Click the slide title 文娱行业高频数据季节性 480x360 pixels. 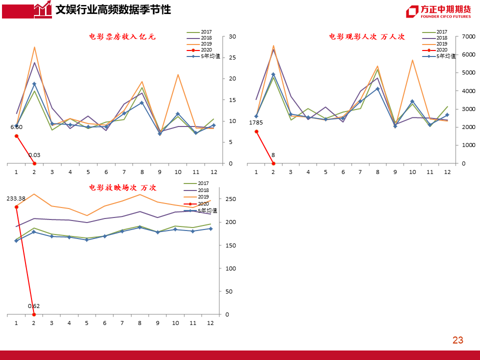(112, 9)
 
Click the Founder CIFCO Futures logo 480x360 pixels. (438, 11)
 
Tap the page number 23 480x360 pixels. (457, 340)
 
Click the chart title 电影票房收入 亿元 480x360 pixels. (122, 36)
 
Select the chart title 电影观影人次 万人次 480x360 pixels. (366, 36)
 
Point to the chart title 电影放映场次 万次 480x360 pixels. (122, 187)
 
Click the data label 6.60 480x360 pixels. (16, 127)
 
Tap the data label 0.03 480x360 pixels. (34, 155)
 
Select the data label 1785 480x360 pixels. (256, 122)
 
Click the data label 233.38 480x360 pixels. (16, 198)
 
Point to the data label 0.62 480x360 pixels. (34, 306)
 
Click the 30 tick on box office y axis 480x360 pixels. (232, 36)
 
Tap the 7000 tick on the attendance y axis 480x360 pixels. (468, 36)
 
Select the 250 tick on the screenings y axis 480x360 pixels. (230, 199)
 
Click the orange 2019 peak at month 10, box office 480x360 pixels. (177, 74)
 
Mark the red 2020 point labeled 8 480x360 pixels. (273, 163)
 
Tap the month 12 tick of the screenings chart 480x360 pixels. (210, 323)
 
